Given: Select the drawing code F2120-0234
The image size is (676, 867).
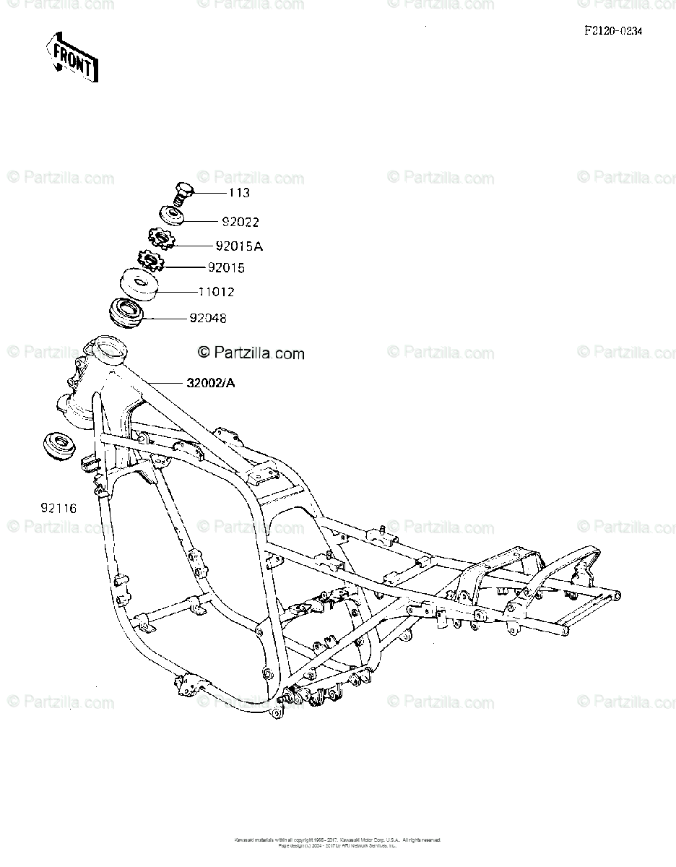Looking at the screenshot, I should (x=613, y=32).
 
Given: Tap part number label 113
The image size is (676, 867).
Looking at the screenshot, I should (x=238, y=193).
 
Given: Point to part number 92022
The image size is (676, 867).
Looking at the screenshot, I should (x=240, y=223).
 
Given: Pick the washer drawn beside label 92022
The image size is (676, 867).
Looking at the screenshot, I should (x=172, y=215).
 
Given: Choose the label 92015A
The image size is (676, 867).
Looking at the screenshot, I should (x=239, y=246).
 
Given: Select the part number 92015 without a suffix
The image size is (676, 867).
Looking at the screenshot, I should (x=226, y=268).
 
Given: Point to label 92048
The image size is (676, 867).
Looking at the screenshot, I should (x=209, y=318).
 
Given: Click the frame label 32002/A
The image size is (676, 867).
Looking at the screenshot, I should (x=210, y=383).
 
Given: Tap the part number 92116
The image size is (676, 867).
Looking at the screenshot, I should (x=58, y=509).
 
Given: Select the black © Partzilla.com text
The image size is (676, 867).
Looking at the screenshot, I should (x=251, y=353).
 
